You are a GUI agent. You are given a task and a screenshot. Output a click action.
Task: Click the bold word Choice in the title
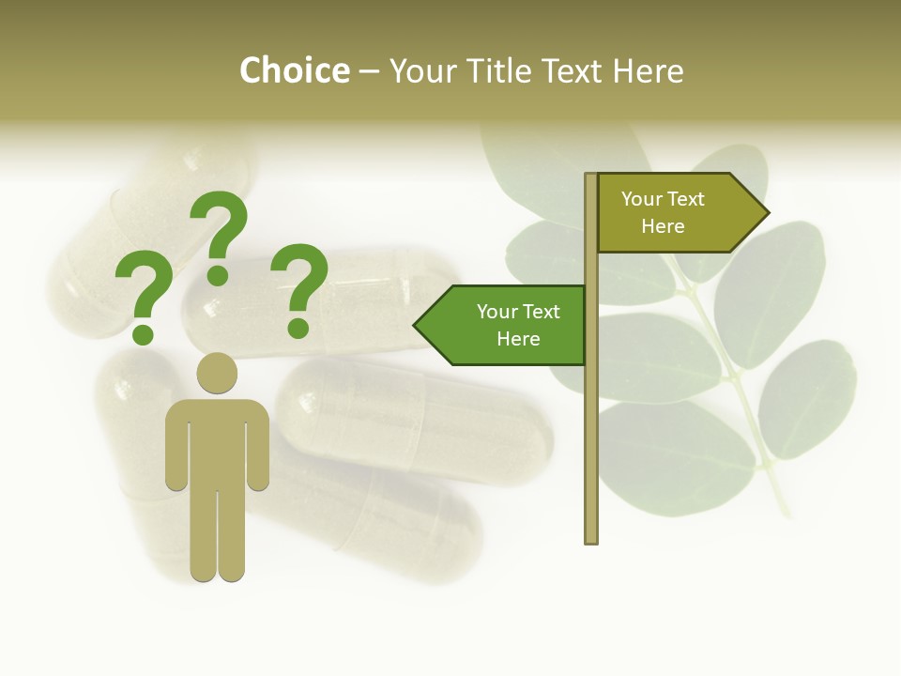click(x=294, y=71)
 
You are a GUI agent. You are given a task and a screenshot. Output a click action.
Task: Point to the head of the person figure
click(x=217, y=373)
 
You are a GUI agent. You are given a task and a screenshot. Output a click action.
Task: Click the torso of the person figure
click(x=217, y=441)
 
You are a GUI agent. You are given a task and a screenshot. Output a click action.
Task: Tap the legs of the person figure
click(x=217, y=535)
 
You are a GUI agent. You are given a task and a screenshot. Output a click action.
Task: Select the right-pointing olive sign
click(x=676, y=213)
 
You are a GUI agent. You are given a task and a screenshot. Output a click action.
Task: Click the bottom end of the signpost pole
click(x=591, y=538)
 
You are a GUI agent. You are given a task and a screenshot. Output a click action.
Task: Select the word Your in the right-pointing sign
click(x=642, y=199)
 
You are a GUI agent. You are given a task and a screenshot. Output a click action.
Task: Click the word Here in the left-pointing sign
click(x=518, y=339)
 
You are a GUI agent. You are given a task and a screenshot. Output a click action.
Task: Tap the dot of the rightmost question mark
click(x=298, y=328)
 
